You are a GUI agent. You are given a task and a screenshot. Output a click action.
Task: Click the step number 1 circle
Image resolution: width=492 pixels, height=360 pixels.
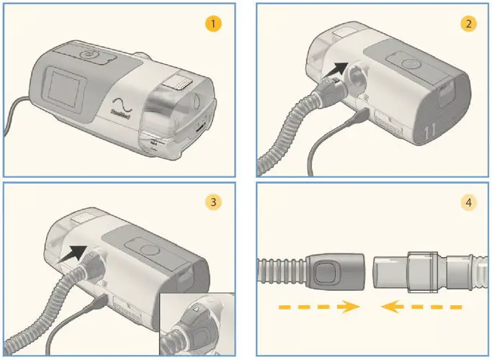[x=212, y=24]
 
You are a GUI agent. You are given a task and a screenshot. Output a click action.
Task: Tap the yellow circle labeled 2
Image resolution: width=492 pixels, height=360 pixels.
[x=468, y=24]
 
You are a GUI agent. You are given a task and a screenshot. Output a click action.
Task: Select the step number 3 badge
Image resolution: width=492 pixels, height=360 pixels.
[x=212, y=202]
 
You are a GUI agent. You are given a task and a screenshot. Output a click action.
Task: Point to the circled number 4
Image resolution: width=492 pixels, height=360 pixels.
[x=468, y=202]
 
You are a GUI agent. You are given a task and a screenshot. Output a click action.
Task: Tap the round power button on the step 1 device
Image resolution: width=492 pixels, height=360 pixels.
[x=89, y=55]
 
